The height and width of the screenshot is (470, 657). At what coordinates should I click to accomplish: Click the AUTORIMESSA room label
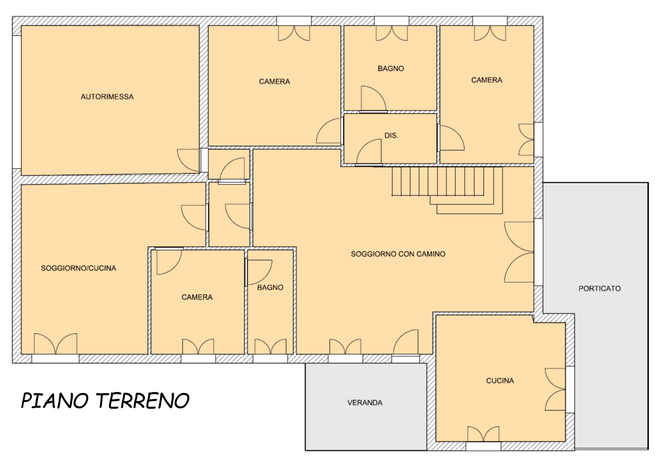[x=107, y=97]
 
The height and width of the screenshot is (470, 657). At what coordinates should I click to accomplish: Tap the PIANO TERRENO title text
[x=105, y=401]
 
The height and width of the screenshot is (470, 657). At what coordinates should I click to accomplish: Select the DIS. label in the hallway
[x=391, y=135]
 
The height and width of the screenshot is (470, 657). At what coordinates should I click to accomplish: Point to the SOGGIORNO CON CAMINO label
[x=398, y=254]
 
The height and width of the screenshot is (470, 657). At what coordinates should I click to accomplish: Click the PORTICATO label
[x=600, y=288]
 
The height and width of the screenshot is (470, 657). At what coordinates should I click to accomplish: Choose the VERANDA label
[x=365, y=403]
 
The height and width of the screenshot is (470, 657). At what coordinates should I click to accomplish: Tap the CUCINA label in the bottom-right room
[x=500, y=380]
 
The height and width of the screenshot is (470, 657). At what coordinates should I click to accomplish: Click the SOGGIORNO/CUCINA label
[x=78, y=268]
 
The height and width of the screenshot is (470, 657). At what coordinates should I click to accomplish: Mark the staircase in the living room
[x=447, y=190]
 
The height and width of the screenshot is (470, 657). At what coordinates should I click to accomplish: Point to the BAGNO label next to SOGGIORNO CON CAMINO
[x=270, y=287]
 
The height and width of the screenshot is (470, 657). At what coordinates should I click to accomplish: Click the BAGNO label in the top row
[x=391, y=68]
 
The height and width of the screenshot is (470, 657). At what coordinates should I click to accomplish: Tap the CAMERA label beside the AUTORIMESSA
[x=274, y=81]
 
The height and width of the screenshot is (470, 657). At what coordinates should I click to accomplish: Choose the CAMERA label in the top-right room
[x=487, y=80]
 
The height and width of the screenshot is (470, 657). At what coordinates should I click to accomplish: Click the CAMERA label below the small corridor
[x=197, y=297]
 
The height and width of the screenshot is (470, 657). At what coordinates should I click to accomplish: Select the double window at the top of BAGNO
[x=391, y=33]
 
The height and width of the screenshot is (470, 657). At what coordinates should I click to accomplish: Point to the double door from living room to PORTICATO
[x=519, y=252]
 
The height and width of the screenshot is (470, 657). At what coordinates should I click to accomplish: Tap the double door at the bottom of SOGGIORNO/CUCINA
[x=55, y=344]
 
